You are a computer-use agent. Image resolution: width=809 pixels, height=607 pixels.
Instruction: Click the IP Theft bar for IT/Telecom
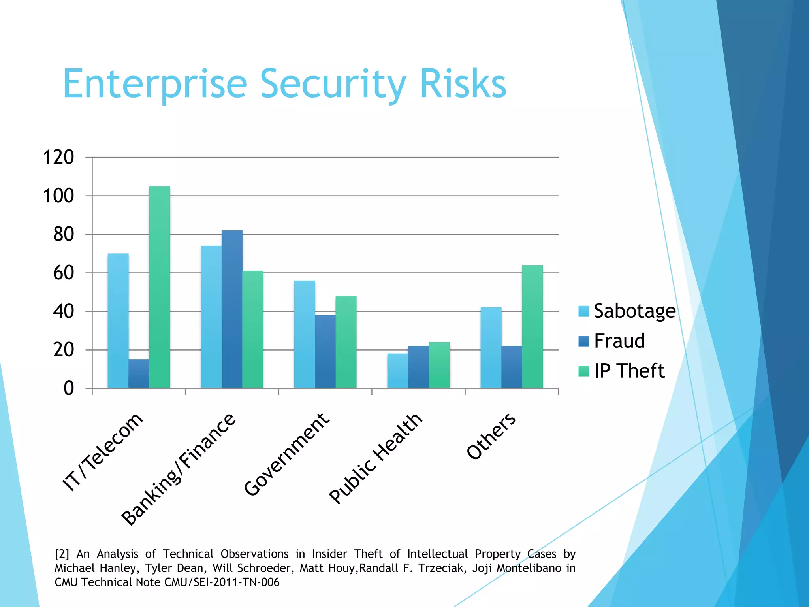coord(160,287)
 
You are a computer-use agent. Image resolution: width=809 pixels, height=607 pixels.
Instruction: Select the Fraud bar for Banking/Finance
coord(232,309)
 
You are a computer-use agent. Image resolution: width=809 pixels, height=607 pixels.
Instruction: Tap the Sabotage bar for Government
coord(305,334)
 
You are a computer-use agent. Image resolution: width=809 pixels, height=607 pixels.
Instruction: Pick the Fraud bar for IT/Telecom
coord(139,373)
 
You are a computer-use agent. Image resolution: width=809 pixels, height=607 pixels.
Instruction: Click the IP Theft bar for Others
coord(532,326)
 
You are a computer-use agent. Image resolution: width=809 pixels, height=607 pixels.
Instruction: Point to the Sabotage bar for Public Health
coord(397,371)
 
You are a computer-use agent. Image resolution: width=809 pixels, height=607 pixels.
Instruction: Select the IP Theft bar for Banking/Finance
coord(253,329)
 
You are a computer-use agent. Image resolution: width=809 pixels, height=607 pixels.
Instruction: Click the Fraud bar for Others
coord(512,367)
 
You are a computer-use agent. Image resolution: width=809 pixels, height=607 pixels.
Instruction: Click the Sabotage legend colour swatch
coord(583,311)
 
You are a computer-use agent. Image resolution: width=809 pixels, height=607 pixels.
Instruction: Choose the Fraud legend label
coord(619,341)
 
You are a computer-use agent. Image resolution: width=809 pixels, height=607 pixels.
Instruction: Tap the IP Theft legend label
coord(629,371)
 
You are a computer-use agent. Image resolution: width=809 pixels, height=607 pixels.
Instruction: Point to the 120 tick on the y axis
coord(58,157)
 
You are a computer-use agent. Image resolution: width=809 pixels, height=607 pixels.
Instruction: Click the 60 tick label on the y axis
coord(64,273)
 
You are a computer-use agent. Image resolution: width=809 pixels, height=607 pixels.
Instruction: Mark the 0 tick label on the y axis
coord(69,388)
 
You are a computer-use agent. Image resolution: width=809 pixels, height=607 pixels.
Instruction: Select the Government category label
coord(286,454)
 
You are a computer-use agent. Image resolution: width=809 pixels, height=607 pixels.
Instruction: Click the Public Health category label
coord(375,458)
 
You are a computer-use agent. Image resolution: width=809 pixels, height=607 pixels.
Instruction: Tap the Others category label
coord(491,436)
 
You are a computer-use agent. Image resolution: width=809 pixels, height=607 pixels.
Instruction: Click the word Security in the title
coord(333,84)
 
